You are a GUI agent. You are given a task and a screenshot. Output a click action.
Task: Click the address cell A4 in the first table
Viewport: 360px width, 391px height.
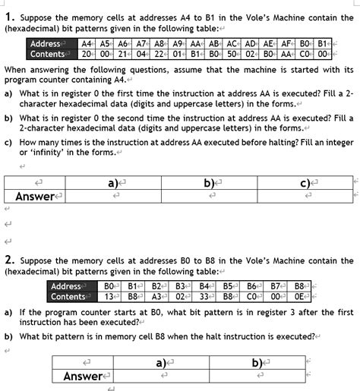click(87, 44)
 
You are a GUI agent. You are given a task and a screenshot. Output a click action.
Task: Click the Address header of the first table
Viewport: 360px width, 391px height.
click(46, 44)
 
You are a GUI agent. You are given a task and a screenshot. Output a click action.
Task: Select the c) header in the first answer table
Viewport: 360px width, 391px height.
click(304, 183)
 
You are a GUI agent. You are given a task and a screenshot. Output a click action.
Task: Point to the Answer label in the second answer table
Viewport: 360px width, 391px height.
click(83, 376)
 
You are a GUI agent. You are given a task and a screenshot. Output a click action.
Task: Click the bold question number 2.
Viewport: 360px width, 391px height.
click(9, 260)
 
